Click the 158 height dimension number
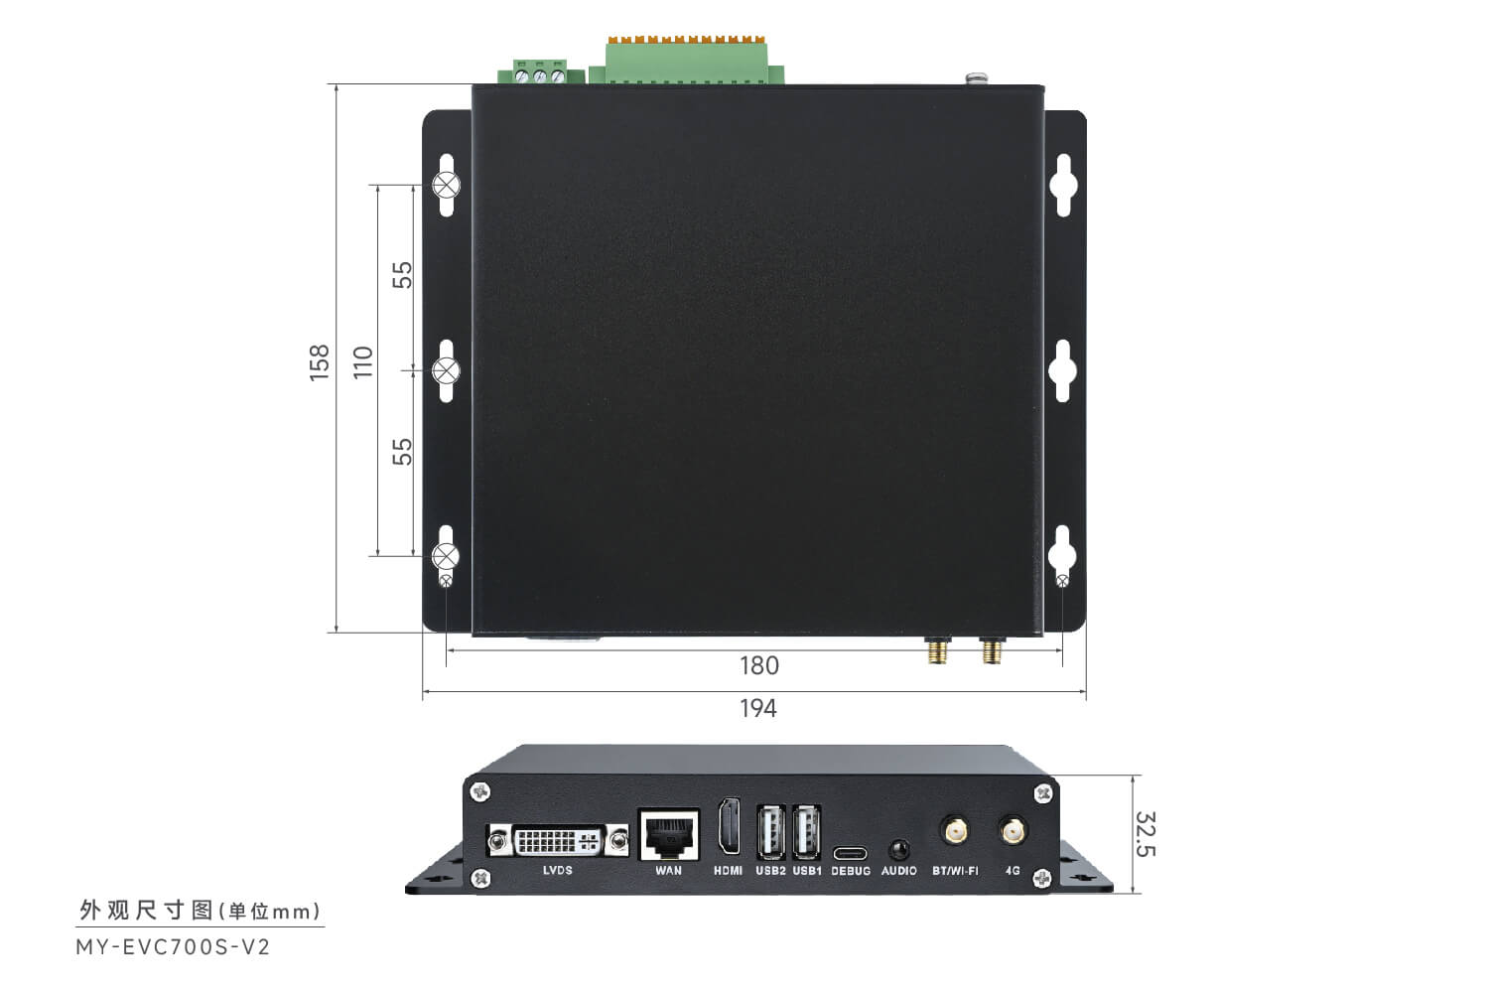click(x=320, y=363)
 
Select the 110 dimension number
click(x=363, y=362)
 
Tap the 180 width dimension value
click(x=759, y=665)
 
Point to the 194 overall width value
click(x=758, y=709)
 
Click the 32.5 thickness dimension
click(x=1146, y=834)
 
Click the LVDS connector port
click(x=558, y=841)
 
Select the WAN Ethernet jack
click(x=669, y=834)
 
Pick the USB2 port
click(x=771, y=832)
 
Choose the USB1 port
click(x=807, y=832)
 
